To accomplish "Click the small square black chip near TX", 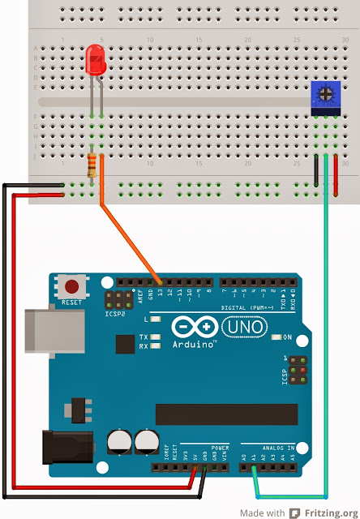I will [124, 345].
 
